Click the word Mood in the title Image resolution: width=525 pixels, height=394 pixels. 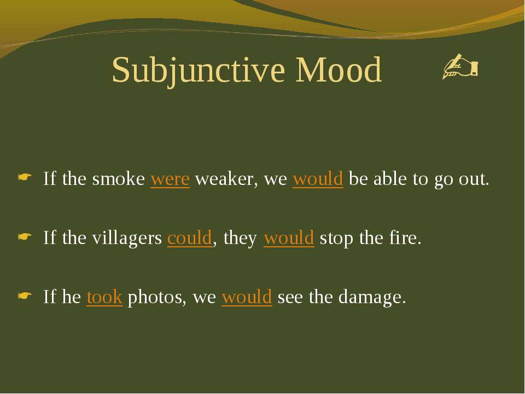pyautogui.click(x=338, y=69)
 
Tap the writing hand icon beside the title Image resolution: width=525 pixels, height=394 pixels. pyautogui.click(x=460, y=66)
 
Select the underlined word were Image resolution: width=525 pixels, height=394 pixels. pyautogui.click(x=170, y=179)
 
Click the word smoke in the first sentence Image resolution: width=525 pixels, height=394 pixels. pyautogui.click(x=119, y=178)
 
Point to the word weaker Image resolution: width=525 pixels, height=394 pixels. pyautogui.click(x=226, y=179)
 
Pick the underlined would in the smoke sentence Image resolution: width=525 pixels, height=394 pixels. pyautogui.click(x=318, y=178)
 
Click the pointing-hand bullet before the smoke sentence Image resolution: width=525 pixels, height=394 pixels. pyautogui.click(x=25, y=177)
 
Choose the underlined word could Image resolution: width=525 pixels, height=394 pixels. pyautogui.click(x=190, y=237)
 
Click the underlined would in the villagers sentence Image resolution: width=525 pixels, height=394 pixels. pyautogui.click(x=289, y=237)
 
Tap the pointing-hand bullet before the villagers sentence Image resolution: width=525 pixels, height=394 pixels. pyautogui.click(x=25, y=236)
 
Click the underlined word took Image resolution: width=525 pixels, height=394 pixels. pyautogui.click(x=104, y=297)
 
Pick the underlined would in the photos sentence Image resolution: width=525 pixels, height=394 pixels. pyautogui.click(x=247, y=297)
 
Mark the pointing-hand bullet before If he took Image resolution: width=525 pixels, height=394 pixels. pyautogui.click(x=25, y=296)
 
